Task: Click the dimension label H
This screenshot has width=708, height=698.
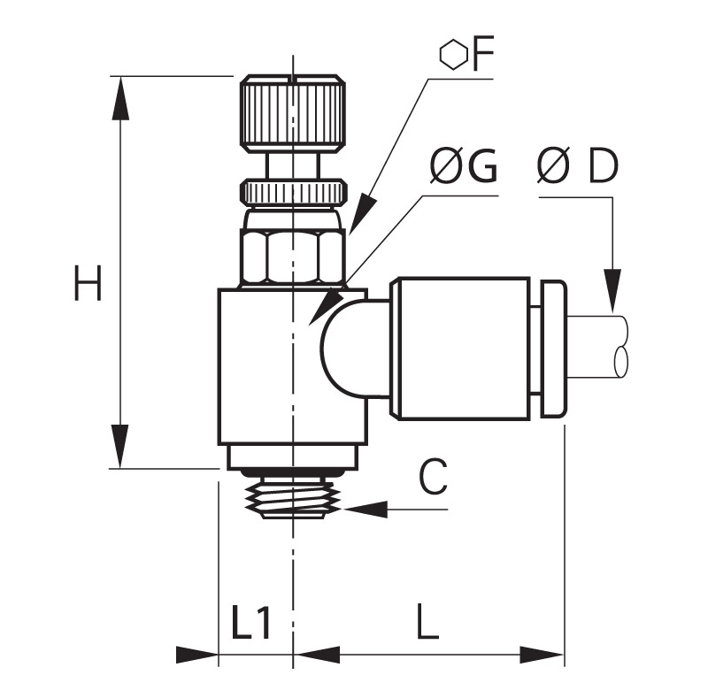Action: pyautogui.click(x=88, y=283)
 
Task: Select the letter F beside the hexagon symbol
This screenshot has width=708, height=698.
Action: pyautogui.click(x=482, y=54)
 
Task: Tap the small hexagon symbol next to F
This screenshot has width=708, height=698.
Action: pyautogui.click(x=453, y=55)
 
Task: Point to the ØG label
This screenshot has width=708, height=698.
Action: pyautogui.click(x=463, y=166)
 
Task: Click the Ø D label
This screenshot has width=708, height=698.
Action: pyautogui.click(x=577, y=165)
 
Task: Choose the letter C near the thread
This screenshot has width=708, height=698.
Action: pyautogui.click(x=433, y=476)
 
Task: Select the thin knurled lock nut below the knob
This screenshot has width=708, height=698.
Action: pyautogui.click(x=294, y=191)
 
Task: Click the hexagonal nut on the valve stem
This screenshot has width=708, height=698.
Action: pyautogui.click(x=293, y=257)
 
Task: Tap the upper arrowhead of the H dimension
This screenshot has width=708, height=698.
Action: pyautogui.click(x=119, y=98)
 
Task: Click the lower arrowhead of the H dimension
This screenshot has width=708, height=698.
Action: pyautogui.click(x=119, y=447)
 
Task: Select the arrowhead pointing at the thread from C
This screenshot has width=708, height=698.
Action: pyautogui.click(x=366, y=510)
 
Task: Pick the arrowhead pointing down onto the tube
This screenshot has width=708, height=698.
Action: pyautogui.click(x=612, y=291)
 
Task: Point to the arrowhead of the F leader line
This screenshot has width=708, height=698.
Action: pyautogui.click(x=361, y=213)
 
